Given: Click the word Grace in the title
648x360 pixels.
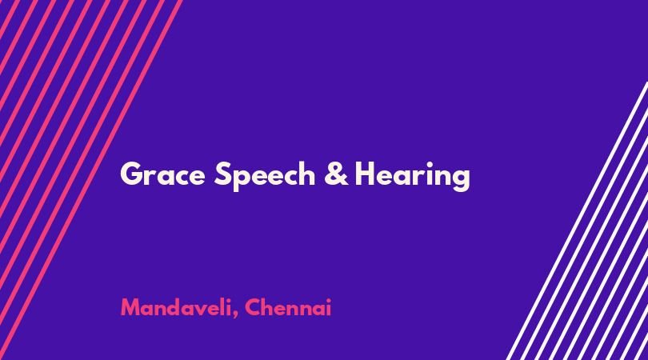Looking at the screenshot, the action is coord(162,174).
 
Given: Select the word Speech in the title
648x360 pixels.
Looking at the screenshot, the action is coord(265,176).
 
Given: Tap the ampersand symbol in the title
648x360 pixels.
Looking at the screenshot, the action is coord(336,174).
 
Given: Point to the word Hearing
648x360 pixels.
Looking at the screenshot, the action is coord(413,176).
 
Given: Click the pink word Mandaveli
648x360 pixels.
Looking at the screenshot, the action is coord(176,307).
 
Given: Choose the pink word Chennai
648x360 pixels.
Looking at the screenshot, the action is coord(288,307).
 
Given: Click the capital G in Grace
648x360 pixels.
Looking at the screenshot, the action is coord(131,174).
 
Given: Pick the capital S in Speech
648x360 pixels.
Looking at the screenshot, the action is coord(222,174).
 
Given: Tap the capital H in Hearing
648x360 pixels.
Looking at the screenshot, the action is coord(365,174).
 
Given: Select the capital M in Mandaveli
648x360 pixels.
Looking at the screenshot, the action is coord(130,307).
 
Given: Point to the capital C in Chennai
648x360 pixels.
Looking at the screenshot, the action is coord(252,307).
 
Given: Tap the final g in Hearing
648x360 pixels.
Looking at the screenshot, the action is coord(461,179).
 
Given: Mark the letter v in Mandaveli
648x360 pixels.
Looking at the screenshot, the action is coord(202,310).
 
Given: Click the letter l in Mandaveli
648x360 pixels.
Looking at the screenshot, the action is coord(223,307).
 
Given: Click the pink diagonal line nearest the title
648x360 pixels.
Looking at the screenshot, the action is coord(90,180).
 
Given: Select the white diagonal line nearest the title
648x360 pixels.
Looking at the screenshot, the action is coord(578,221).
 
